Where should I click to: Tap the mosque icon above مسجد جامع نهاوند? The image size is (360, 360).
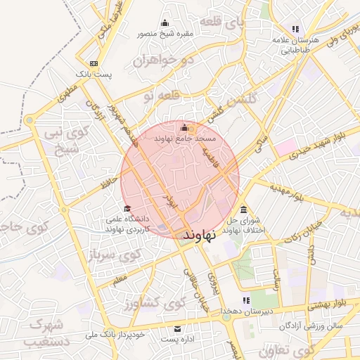tap(185, 127)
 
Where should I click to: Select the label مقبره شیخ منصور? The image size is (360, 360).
tap(165, 32)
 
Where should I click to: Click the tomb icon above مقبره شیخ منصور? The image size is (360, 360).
tap(165, 22)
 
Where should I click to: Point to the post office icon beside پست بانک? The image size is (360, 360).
tap(94, 63)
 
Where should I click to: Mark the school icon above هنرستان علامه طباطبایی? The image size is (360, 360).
tap(296, 29)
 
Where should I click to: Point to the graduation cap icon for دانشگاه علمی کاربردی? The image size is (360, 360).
tap(127, 208)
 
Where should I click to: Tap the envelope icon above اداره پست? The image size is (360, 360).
tap(177, 329)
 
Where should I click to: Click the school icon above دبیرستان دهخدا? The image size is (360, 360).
tap(246, 301)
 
